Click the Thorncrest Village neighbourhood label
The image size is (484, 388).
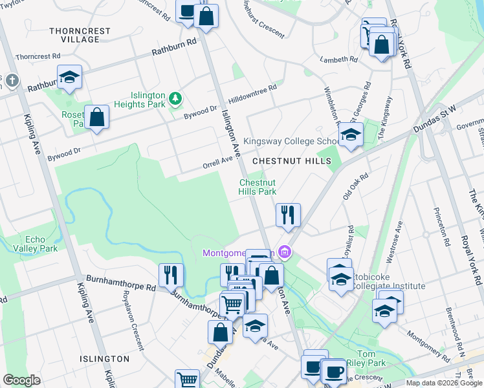80,35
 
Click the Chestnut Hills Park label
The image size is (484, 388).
258,187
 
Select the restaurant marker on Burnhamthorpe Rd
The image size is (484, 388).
171,275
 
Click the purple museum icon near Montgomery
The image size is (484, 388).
283,252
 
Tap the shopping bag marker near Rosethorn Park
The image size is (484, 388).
96,118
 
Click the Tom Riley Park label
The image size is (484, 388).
366,358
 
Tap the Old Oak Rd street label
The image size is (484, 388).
355,184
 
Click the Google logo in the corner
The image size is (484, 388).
21,380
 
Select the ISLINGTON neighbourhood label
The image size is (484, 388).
104,358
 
